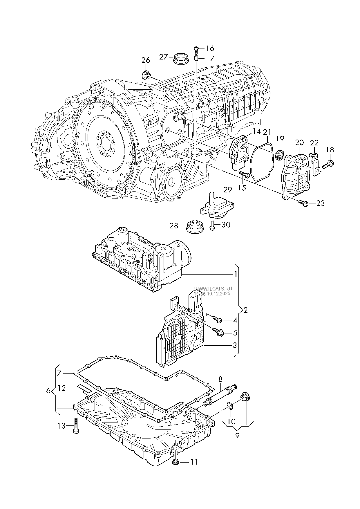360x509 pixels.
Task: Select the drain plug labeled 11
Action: click(x=175, y=462)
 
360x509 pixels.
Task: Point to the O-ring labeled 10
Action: click(x=230, y=406)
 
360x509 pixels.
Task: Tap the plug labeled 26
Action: click(x=146, y=75)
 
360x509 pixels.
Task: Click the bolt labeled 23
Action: click(x=303, y=203)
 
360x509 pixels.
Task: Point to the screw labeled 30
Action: click(x=212, y=225)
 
